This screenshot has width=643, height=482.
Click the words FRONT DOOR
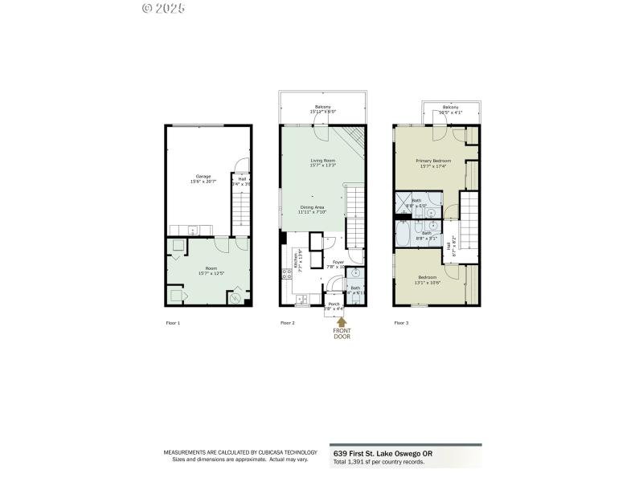pyautogui.click(x=342, y=333)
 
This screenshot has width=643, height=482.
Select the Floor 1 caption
pyautogui.click(x=173, y=323)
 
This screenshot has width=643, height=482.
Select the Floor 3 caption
pyautogui.click(x=401, y=323)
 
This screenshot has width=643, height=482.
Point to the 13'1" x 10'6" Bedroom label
pyautogui.click(x=427, y=280)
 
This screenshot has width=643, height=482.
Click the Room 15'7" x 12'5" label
pyautogui.click(x=211, y=271)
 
